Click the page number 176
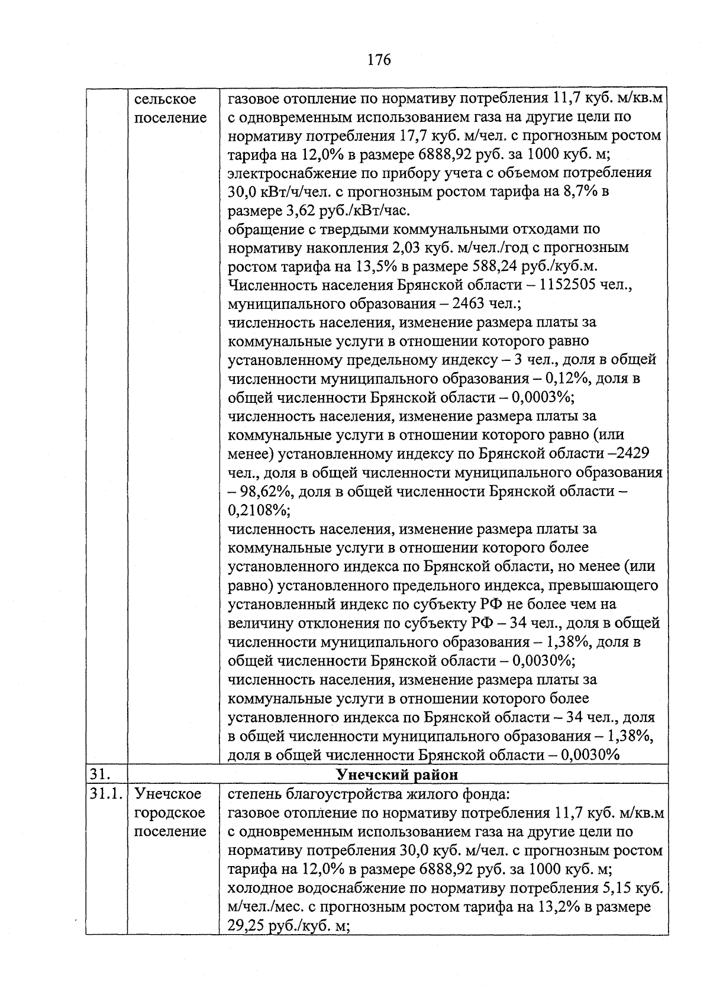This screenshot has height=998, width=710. click(379, 60)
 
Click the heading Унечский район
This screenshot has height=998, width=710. click(397, 774)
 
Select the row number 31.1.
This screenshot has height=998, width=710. click(105, 793)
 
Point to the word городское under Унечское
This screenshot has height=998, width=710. click(169, 812)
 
